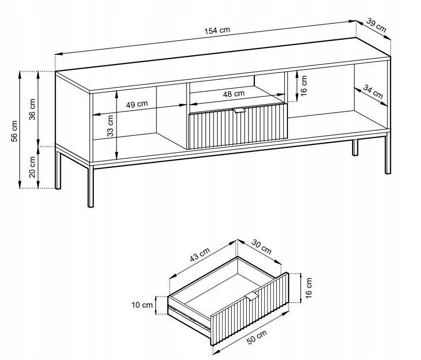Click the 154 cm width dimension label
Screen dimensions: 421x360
217,30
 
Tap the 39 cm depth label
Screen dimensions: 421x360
376,25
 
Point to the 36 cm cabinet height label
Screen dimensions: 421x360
32,109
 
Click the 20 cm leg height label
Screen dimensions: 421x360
32,167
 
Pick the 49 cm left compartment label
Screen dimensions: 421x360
137,104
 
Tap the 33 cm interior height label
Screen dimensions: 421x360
110,126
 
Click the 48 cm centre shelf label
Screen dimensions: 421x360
234,94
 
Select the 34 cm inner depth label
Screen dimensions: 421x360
373,91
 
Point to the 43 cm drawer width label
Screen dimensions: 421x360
200,254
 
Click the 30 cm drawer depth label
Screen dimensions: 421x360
262,247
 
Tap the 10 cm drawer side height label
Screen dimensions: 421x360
142,305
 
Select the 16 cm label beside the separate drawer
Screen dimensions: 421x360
308,288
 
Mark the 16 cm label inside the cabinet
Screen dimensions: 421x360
303,85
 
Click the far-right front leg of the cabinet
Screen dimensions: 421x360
387,153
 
